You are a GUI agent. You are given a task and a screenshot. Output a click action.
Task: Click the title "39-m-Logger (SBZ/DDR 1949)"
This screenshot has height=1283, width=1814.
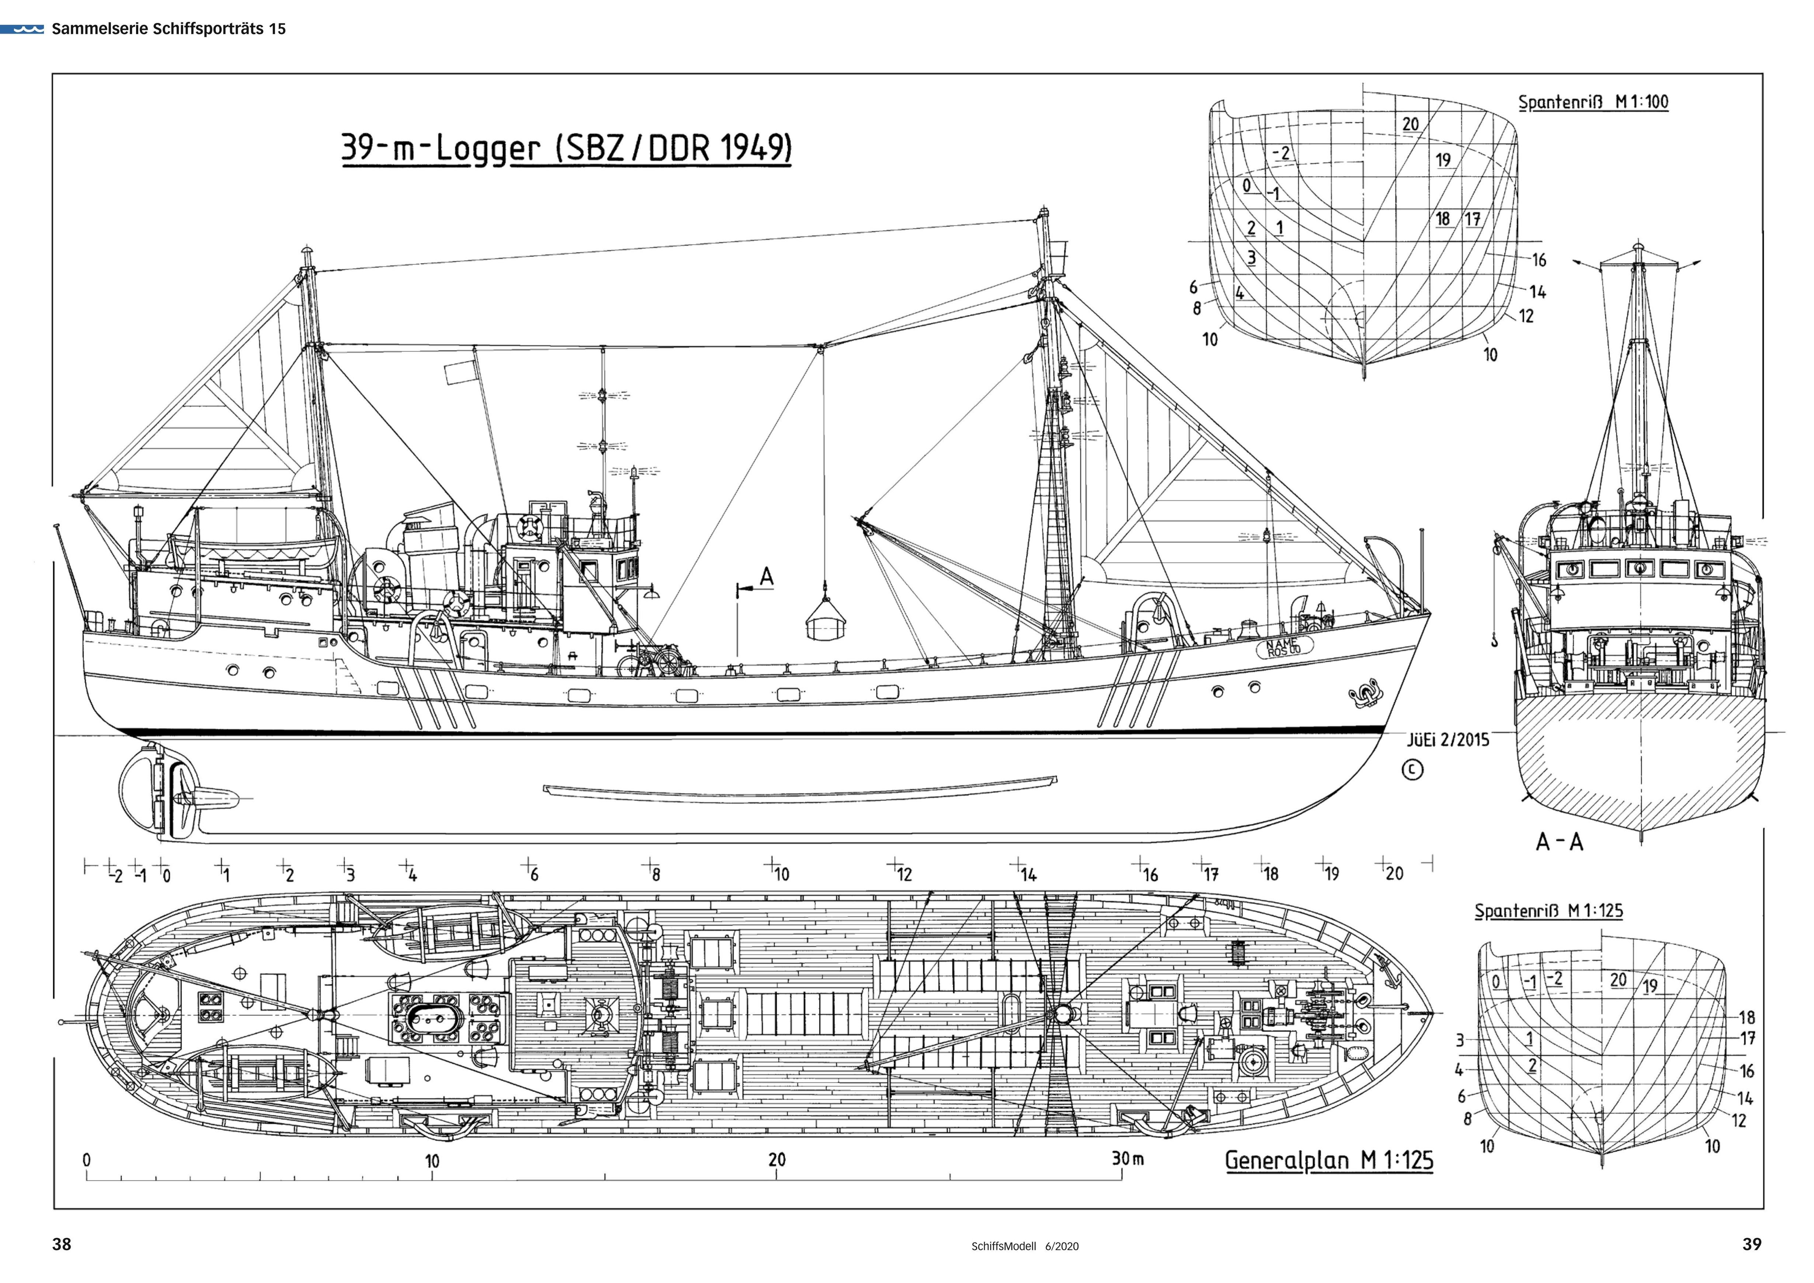pos(566,149)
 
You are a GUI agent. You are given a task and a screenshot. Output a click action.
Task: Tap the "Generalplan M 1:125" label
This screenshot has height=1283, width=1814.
pos(1329,1161)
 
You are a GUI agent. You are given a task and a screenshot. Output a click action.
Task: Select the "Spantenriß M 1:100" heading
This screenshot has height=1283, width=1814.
pos(1593,102)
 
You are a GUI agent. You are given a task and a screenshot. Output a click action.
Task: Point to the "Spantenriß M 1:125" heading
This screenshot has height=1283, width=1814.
pos(1549,911)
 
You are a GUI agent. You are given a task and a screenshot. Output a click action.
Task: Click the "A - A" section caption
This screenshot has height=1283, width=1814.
pos(1560,842)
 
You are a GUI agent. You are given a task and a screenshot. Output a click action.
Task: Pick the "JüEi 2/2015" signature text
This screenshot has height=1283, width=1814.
pos(1448,740)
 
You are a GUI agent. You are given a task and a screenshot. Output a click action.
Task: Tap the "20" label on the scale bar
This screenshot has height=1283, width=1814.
pos(776,1160)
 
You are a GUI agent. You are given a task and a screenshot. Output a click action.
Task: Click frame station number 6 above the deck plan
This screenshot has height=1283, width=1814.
pos(534,875)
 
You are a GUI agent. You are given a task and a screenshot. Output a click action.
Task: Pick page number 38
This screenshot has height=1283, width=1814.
pos(62,1245)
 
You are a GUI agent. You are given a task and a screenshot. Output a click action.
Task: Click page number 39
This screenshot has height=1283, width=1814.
pos(1752,1245)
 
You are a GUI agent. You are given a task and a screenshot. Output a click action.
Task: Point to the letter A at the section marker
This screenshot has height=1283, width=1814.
pos(767,577)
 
